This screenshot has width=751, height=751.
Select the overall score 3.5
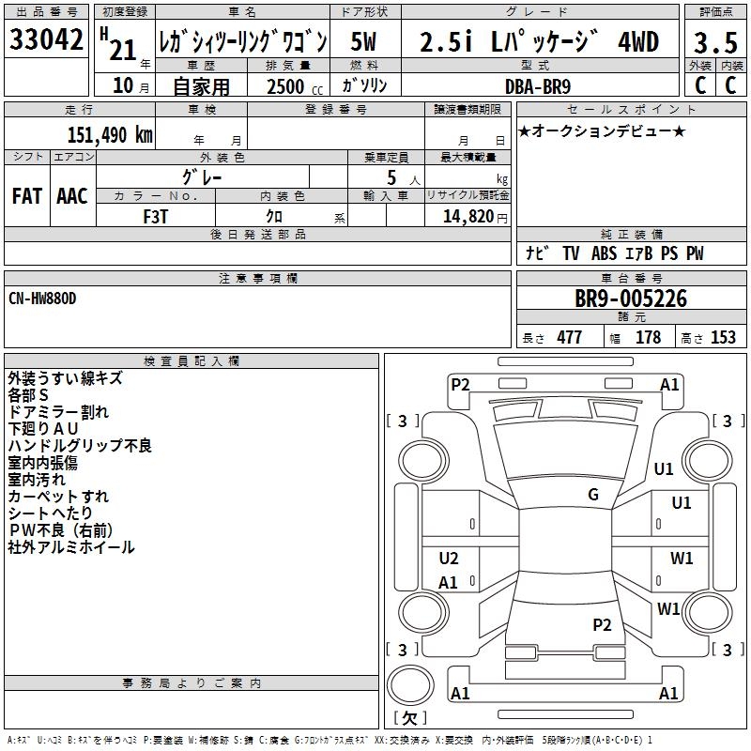coord(714,42)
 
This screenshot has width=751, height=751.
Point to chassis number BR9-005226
coord(631,299)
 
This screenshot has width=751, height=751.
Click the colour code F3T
coord(156,215)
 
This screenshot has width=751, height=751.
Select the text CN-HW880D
coord(42,298)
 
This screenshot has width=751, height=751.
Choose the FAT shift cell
coord(26,195)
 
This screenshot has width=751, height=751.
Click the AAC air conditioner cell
coord(71,195)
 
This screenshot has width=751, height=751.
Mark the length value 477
coord(569,338)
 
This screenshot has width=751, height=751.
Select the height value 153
coord(723,338)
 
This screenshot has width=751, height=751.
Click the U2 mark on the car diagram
coord(449,559)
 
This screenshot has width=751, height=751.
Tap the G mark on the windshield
coord(593,495)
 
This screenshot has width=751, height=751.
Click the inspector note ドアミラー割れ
coord(57,412)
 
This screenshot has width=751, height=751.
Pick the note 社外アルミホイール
coord(71,547)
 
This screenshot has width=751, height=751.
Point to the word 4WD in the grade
coord(637,42)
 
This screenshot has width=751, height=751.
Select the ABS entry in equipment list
coord(604,253)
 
